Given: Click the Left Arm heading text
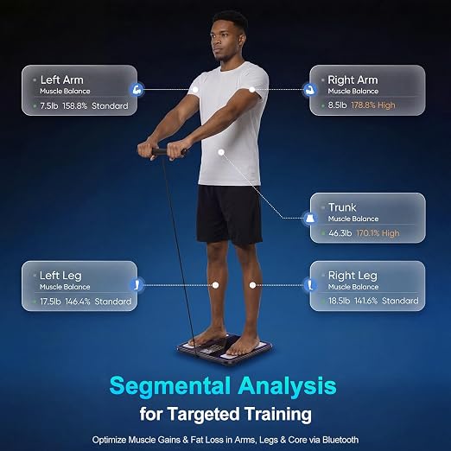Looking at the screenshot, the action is pos(62,79).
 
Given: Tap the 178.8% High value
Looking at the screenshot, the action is pos(373,105).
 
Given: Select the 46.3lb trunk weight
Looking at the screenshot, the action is pos(340,233).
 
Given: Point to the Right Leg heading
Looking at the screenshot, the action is pos(353,276).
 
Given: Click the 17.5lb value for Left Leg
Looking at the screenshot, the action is pos(50,302).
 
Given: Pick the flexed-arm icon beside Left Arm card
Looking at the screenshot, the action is pos(137,89).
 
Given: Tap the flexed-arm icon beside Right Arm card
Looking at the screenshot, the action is pos(309,89).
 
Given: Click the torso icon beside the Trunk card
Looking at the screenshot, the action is pos(310,218).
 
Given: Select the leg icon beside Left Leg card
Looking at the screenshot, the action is pos(137,285).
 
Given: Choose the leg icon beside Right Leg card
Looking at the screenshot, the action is pos(310,285).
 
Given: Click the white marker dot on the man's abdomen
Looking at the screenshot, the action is pos(221,152).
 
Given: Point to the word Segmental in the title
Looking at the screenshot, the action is pos(170,386).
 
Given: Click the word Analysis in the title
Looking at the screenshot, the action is pos(288,386).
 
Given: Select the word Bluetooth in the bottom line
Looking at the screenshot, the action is pos(340,440).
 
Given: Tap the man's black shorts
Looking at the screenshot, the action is pos(229,214).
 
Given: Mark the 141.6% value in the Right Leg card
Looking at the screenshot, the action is pos(365,301).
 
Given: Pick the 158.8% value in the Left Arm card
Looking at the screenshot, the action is pos(74,106).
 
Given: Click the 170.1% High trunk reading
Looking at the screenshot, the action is pos(378,233).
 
